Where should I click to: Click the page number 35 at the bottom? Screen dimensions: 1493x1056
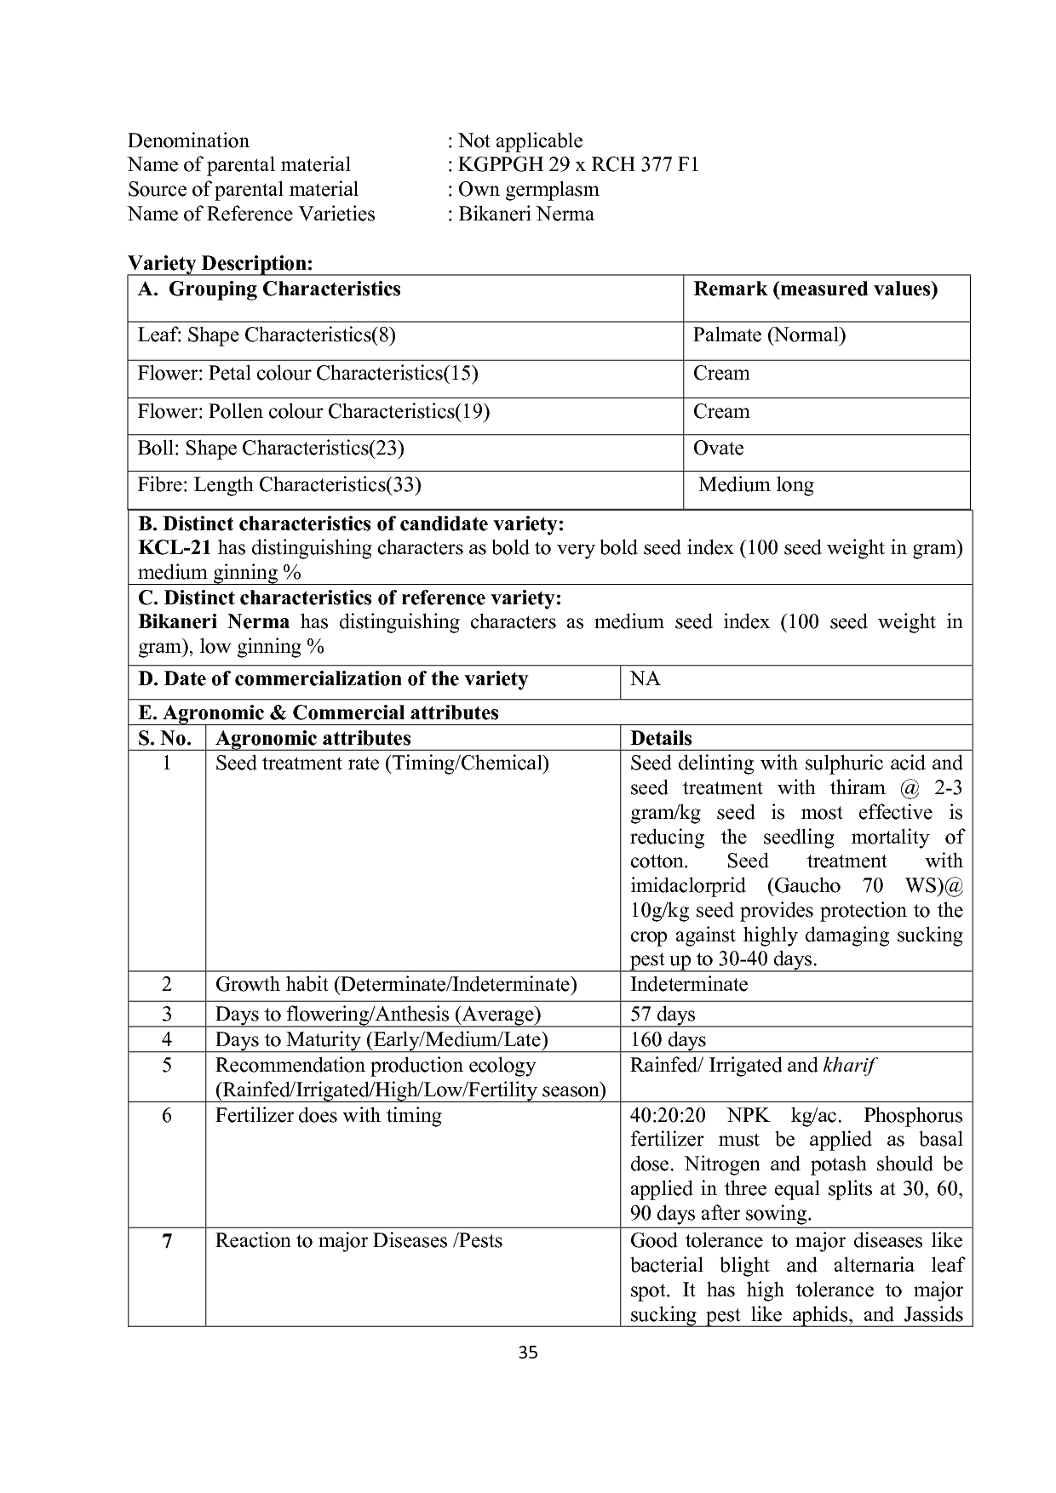coord(528,1353)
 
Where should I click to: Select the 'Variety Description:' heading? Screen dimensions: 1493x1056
coord(221,263)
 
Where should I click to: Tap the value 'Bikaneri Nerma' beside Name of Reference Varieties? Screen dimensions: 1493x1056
coord(525,214)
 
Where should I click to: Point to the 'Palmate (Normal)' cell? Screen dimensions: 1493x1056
coord(769,335)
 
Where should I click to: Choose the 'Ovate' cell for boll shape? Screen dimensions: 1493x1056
coord(718,449)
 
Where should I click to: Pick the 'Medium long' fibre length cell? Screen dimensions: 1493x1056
coord(755,485)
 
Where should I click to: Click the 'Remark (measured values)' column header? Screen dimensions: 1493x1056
coord(815,289)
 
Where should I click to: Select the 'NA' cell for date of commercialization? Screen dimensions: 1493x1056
coord(645,679)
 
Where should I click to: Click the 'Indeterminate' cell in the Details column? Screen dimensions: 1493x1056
coord(688,985)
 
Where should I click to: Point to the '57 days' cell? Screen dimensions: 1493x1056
coord(662,1015)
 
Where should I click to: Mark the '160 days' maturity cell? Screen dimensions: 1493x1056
coord(668,1040)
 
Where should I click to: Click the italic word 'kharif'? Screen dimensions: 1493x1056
coord(849,1066)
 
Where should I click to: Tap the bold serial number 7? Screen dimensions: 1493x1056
coord(167,1241)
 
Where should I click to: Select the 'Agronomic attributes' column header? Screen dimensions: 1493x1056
coord(313,738)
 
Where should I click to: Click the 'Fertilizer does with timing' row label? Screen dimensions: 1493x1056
coord(328,1116)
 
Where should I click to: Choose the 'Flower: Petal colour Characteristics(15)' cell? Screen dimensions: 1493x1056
coord(307,374)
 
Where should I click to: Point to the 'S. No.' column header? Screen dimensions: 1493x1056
coord(165,738)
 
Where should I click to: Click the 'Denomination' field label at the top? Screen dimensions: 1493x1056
coord(188,140)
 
